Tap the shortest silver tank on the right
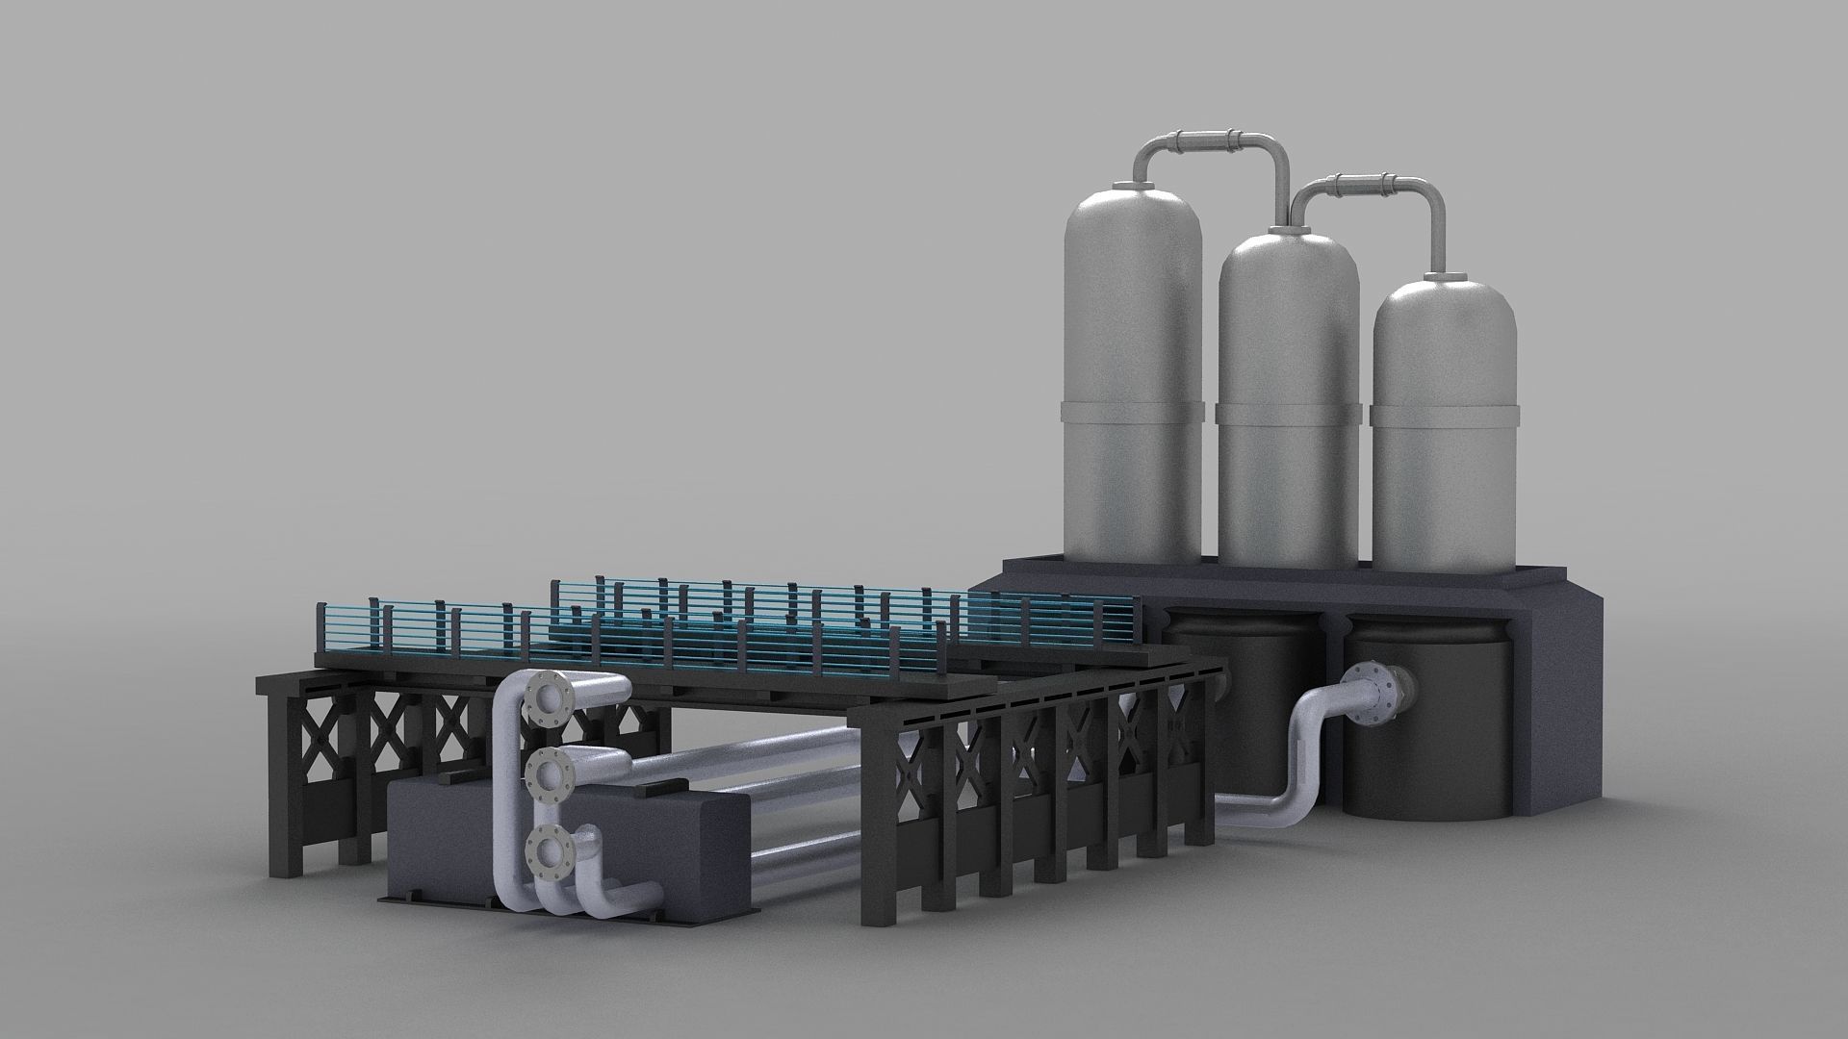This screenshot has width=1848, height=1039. point(1444,385)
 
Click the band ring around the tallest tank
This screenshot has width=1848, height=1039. point(1133,413)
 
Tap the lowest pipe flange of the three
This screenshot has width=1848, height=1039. point(551,850)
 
